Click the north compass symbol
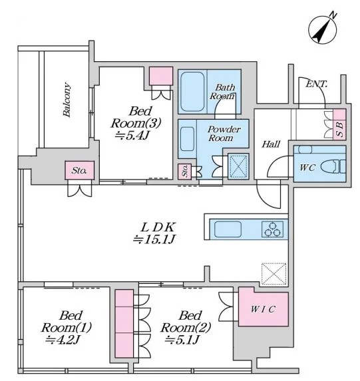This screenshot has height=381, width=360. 323,30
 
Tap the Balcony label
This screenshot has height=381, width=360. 67,100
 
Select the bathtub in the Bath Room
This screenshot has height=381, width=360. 192,91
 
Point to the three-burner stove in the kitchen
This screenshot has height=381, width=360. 272,229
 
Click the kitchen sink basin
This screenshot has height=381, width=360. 228,229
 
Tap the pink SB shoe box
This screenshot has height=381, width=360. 339,124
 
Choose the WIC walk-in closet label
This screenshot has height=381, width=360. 263,309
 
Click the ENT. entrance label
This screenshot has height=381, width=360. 316,84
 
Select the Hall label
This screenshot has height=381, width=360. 271,144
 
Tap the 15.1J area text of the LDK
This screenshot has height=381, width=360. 154,239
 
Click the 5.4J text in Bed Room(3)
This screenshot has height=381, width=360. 132,136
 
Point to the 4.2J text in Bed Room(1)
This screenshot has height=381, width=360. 63,339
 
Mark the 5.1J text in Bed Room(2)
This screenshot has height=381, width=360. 182,339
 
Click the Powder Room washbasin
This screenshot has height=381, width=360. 187,139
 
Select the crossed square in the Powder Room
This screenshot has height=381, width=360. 238,166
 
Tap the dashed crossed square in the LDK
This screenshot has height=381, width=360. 273,274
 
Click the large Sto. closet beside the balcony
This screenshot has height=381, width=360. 79,170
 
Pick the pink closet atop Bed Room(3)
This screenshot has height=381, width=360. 161,76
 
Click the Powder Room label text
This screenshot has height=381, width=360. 224,134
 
